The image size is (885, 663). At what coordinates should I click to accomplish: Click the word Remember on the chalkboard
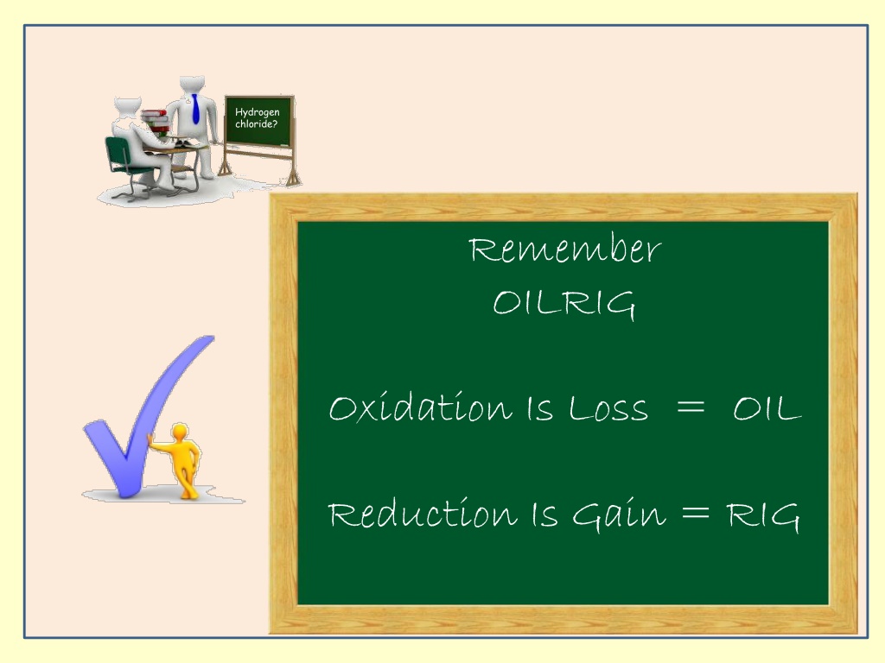click(565, 249)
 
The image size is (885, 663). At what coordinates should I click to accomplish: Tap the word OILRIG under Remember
click(564, 305)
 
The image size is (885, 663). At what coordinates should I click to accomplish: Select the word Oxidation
click(421, 407)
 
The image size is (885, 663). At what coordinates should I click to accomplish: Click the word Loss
click(608, 408)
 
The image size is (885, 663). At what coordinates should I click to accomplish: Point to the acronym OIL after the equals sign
click(767, 408)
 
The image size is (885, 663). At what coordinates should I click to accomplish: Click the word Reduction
click(422, 513)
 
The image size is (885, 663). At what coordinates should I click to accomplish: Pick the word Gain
click(619, 515)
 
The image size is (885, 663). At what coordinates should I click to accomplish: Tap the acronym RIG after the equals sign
click(762, 516)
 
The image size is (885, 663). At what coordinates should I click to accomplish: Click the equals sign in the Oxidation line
click(691, 407)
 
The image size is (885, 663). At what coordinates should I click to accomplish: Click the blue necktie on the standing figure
click(195, 110)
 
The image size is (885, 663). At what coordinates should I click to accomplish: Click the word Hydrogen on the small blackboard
click(258, 112)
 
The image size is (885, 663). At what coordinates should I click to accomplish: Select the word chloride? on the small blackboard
click(256, 124)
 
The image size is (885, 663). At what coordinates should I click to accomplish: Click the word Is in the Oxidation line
click(540, 408)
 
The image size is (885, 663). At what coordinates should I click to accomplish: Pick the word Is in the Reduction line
click(544, 515)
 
